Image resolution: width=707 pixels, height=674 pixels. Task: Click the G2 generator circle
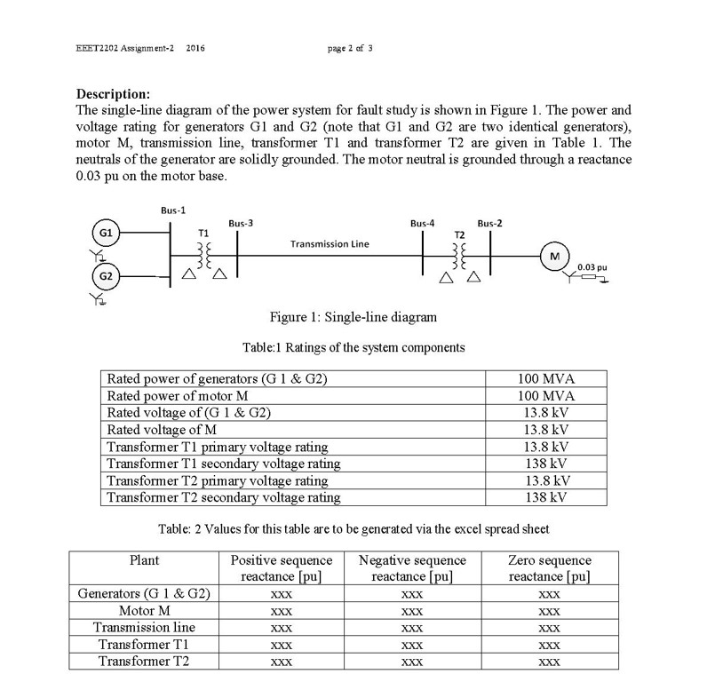pyautogui.click(x=106, y=276)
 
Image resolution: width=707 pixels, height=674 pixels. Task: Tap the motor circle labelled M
pyautogui.click(x=555, y=256)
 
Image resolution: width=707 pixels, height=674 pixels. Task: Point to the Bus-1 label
pyautogui.click(x=173, y=210)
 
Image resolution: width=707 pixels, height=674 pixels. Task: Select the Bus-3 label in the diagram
pyautogui.click(x=241, y=223)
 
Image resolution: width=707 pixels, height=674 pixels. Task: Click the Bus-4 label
pyautogui.click(x=423, y=223)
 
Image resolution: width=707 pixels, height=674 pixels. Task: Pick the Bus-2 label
pyautogui.click(x=489, y=223)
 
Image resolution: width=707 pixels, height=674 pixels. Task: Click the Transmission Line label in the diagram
pyautogui.click(x=330, y=242)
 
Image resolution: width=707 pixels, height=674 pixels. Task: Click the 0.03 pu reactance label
pyautogui.click(x=592, y=266)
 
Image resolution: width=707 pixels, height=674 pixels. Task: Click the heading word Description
pyautogui.click(x=113, y=94)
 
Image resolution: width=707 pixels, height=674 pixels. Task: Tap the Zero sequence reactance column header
pyautogui.click(x=549, y=568)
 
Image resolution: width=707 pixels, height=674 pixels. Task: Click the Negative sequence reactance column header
pyautogui.click(x=412, y=568)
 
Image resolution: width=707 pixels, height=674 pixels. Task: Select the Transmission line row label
pyautogui.click(x=144, y=627)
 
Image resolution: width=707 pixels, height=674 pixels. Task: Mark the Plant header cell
pyautogui.click(x=144, y=560)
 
